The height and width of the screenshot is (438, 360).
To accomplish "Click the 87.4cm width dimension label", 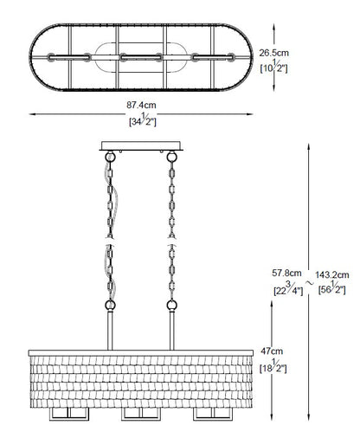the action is [141, 105].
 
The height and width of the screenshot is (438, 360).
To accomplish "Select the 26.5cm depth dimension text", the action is [273, 53].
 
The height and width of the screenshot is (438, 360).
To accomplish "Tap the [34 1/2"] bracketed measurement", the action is [143, 119].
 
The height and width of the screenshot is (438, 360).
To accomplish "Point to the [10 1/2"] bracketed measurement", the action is [273, 67].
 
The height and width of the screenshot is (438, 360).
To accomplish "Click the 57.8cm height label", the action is [286, 273].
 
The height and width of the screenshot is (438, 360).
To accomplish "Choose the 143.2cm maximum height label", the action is [332, 274].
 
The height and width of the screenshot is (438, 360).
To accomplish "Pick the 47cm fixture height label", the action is [272, 351].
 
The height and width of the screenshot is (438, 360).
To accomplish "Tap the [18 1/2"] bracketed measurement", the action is [273, 366].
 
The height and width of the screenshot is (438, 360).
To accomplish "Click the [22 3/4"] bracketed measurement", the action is [288, 288].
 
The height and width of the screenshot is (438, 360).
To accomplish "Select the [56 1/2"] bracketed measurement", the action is [331, 288].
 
